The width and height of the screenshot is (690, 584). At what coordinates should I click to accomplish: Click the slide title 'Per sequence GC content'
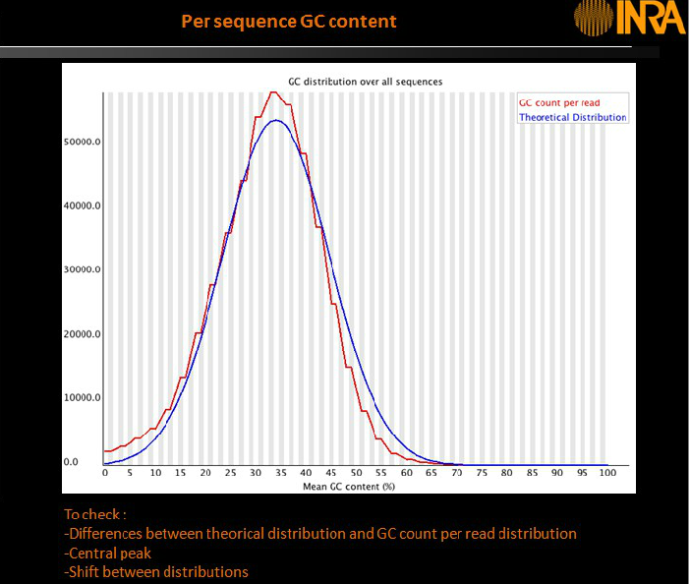[290, 21]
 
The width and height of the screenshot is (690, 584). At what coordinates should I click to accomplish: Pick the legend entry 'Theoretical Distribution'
[572, 117]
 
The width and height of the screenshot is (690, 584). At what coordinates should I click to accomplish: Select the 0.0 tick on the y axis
[71, 462]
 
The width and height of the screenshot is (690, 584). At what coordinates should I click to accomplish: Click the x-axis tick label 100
[606, 474]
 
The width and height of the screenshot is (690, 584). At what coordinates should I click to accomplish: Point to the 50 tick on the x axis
[356, 474]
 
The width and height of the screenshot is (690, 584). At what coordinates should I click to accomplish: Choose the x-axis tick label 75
[482, 474]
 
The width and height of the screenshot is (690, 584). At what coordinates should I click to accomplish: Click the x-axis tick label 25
[231, 474]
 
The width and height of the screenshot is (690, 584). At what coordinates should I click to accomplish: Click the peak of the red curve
[274, 92]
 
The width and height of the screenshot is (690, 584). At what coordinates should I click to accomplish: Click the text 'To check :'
[95, 514]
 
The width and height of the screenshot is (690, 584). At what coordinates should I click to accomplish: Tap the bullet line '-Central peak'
[108, 553]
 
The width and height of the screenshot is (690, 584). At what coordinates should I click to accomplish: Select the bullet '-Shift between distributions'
[156, 572]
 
